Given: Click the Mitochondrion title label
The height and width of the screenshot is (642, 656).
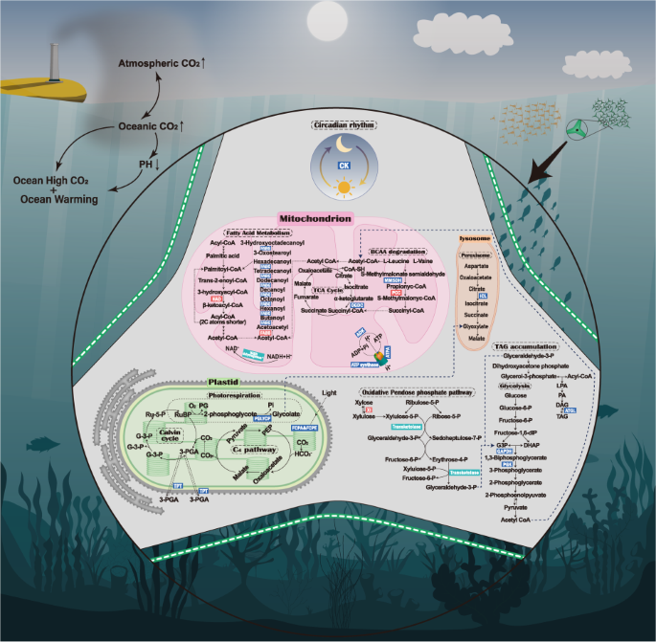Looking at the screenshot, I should click(315, 219).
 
